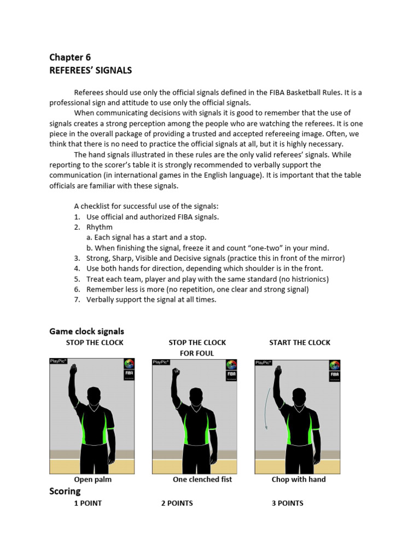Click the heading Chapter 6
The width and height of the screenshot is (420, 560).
(70, 57)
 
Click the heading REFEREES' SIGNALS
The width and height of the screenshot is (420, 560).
(90, 71)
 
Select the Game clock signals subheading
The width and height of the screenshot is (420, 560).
(86, 331)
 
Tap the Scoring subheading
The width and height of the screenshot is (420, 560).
(65, 491)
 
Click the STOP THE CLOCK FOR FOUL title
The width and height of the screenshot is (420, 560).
(197, 348)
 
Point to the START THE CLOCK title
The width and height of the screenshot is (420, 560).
(300, 342)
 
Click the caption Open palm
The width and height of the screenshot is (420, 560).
(93, 480)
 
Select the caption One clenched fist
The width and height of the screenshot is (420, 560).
(202, 480)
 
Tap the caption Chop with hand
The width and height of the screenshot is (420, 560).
(299, 480)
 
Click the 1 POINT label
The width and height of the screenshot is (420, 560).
(88, 503)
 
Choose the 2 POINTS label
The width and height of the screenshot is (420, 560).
(177, 503)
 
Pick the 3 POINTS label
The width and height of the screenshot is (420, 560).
(287, 503)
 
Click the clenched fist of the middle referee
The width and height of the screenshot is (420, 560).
(176, 372)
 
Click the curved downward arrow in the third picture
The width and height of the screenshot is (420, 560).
(267, 407)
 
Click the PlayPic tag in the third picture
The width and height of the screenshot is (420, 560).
(264, 362)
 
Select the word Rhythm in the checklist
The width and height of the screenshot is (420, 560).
(100, 227)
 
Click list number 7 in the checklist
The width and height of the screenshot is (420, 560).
(77, 300)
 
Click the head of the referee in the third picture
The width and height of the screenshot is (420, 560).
(299, 396)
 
